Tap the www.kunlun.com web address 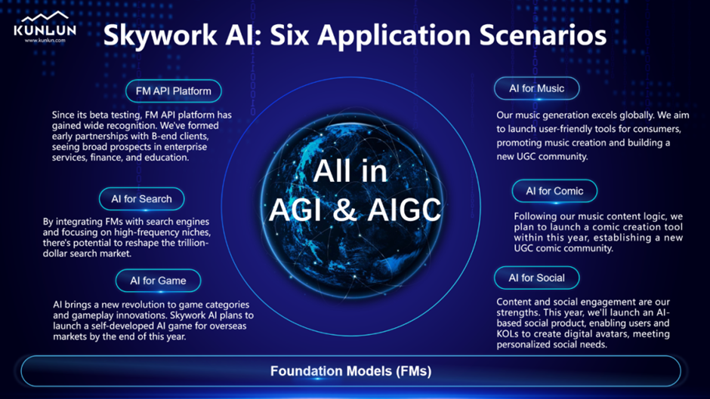[45, 40]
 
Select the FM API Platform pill [174, 91]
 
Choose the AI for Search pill [142, 199]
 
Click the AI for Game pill [158, 281]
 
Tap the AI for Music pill [536, 88]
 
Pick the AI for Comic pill [554, 191]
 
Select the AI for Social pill [536, 278]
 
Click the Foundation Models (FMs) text [351, 371]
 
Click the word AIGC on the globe [404, 210]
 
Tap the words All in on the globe [350, 171]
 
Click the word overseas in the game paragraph [228, 326]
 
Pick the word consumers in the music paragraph [659, 129]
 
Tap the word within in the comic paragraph [528, 238]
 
